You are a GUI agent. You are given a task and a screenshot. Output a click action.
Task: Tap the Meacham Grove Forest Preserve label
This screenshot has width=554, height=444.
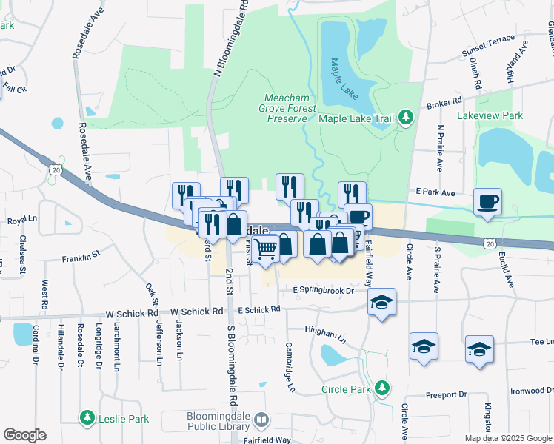tap(286, 108)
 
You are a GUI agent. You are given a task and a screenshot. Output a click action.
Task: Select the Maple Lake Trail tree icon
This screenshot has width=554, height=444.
tap(405, 117)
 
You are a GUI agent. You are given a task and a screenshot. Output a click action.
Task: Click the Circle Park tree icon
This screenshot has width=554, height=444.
tap(381, 388)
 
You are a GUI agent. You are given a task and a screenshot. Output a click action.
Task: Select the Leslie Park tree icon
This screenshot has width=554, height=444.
tap(87, 419)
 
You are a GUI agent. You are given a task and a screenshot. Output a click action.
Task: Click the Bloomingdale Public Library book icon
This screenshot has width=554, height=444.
tap(261, 420)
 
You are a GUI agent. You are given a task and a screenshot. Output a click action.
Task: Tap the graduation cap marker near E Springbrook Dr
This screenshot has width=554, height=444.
tap(381, 301)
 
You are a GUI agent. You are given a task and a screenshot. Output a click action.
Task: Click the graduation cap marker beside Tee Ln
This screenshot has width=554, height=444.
tap(479, 348)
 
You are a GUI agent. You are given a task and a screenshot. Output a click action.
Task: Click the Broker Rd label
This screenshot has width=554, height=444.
tap(444, 102)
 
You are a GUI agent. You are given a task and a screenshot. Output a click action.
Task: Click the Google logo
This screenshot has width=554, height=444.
tap(24, 435)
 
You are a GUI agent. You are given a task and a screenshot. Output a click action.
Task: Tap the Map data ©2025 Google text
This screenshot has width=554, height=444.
tap(507, 438)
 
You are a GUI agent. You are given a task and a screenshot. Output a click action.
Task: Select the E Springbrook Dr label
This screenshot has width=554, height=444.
tap(324, 290)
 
